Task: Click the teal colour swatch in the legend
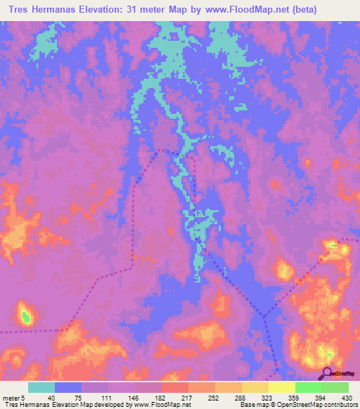pos(41,387)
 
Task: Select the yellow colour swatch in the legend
pos(281,387)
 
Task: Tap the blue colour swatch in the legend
pos(68,387)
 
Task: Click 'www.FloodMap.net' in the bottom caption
pos(162,405)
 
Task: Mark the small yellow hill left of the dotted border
pos(284,269)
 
